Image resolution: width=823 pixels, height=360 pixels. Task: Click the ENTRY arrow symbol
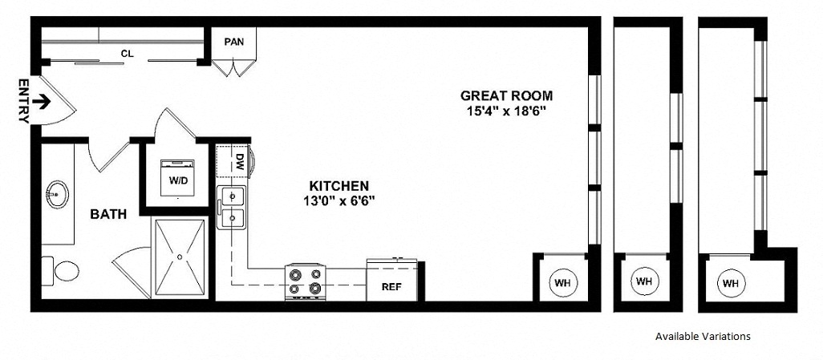[x=41, y=101]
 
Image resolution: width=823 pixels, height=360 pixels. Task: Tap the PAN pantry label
[x=234, y=42]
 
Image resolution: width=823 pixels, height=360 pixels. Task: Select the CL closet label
[x=127, y=53]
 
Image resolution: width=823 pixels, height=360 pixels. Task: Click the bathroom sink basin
[x=57, y=194]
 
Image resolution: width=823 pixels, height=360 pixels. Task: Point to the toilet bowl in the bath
[x=66, y=271]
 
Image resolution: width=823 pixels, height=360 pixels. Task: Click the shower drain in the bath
[x=180, y=257]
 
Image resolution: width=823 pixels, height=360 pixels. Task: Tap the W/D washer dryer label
[x=177, y=180]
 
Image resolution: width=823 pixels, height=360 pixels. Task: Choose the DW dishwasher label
[x=240, y=160]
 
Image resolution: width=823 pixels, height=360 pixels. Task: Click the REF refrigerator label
[x=391, y=287]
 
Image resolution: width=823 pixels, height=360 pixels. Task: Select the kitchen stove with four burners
[x=305, y=281]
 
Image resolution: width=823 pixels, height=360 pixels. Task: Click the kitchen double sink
[x=232, y=207]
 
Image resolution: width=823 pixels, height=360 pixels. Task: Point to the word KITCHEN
[x=339, y=186]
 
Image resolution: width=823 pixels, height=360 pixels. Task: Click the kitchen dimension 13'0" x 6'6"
[x=339, y=200]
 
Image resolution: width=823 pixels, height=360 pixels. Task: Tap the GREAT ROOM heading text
[x=506, y=95]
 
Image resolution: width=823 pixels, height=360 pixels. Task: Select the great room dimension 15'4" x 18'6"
[x=506, y=111]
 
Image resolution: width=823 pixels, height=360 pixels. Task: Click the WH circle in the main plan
[x=562, y=283]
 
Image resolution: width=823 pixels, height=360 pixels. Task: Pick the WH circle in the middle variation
[x=643, y=281]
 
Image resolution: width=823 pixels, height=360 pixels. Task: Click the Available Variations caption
[x=703, y=337]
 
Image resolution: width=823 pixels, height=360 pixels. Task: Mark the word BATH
[x=108, y=214]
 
